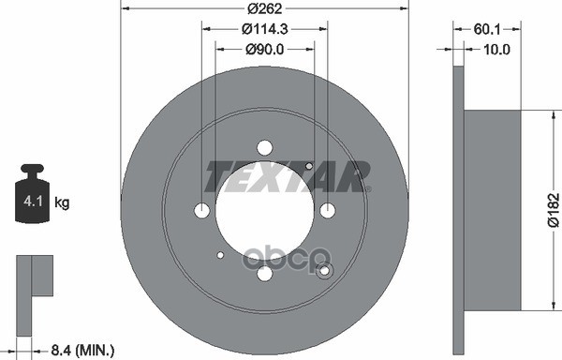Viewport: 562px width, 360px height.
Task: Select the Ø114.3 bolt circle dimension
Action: (x=265, y=31)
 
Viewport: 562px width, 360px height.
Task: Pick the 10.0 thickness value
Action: (x=495, y=49)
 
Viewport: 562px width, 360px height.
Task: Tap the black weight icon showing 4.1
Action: (x=34, y=196)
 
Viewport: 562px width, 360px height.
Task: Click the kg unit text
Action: (x=63, y=202)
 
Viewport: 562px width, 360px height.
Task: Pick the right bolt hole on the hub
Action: (x=327, y=210)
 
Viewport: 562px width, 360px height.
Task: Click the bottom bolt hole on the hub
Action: (x=264, y=273)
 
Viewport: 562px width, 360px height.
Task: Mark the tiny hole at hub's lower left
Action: (x=220, y=254)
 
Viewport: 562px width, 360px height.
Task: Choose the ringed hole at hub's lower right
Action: (x=325, y=271)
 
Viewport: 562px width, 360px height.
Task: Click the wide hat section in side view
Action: (x=492, y=210)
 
